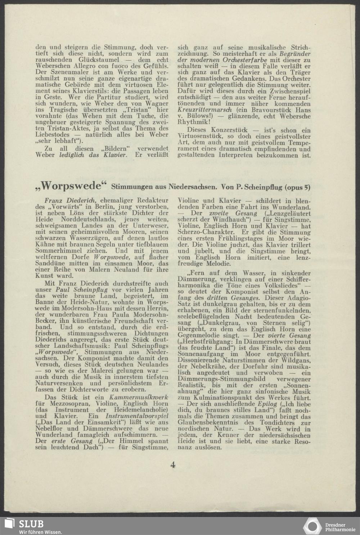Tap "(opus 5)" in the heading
pyautogui.click(x=297, y=187)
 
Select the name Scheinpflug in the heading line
pyautogui.click(x=259, y=187)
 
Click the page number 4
pyautogui.click(x=173, y=465)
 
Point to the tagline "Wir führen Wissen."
pyautogui.click(x=40, y=532)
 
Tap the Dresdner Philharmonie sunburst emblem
pyautogui.click(x=312, y=526)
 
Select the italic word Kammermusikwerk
pyautogui.click(x=104, y=397)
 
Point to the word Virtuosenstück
pyautogui.click(x=199, y=136)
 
